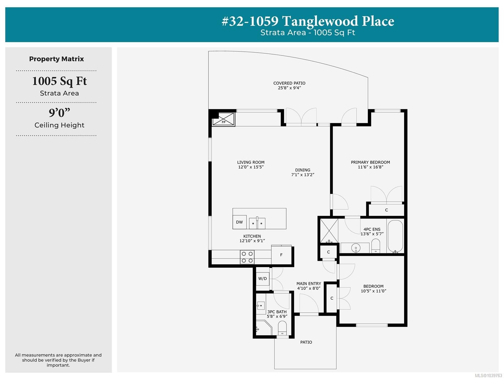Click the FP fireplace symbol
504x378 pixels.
(x=223, y=119)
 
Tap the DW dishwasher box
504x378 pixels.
(x=239, y=222)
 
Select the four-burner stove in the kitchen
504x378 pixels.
(x=247, y=257)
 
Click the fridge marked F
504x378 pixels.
(x=281, y=255)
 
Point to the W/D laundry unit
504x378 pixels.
(x=262, y=279)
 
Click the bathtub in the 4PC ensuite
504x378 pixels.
(x=395, y=236)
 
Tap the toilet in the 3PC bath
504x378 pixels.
(x=282, y=328)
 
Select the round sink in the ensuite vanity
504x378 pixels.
(x=356, y=248)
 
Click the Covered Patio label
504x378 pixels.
(x=289, y=83)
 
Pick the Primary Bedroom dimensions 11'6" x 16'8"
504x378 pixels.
(x=370, y=167)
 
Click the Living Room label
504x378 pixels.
(x=251, y=162)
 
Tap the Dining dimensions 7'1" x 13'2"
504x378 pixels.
(x=303, y=175)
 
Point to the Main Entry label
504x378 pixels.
(x=309, y=284)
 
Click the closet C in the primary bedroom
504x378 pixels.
(x=386, y=210)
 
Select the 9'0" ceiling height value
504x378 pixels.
(x=59, y=113)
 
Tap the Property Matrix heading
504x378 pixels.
(x=56, y=59)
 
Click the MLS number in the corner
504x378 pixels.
(x=488, y=375)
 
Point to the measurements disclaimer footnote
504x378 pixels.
(x=58, y=360)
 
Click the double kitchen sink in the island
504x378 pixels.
(x=257, y=223)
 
